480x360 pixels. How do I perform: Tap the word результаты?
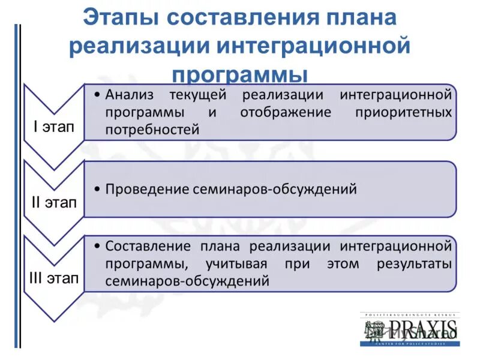point(414,263)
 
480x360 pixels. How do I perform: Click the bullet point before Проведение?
point(97,190)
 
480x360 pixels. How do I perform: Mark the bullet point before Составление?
point(97,247)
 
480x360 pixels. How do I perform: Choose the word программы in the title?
point(240,76)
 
